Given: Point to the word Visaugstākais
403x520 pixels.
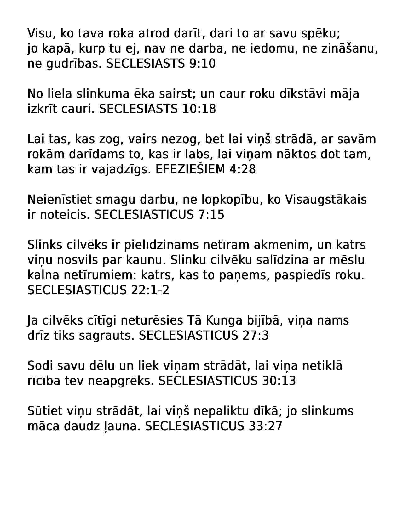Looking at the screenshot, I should (326, 200).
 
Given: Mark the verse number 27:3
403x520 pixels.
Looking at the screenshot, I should (256, 336).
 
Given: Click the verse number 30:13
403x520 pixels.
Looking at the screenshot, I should (279, 381).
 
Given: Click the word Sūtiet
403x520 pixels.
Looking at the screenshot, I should (45, 411).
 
